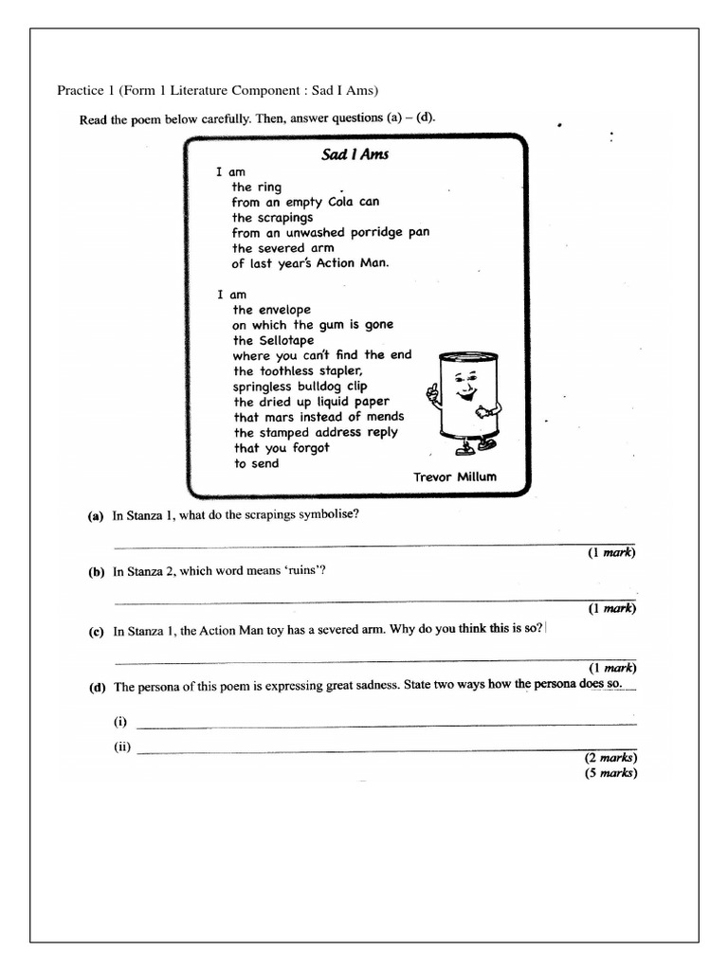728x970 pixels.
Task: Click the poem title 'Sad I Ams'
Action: coord(355,154)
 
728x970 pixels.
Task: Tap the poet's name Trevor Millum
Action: coord(454,476)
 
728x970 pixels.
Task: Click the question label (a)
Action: coord(95,516)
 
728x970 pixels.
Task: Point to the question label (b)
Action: coord(96,572)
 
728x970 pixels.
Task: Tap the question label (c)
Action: coord(96,632)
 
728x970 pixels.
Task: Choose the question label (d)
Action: coord(96,688)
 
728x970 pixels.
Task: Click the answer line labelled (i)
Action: coord(387,725)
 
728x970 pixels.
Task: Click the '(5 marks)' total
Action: coord(610,773)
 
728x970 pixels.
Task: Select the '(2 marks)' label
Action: coord(610,759)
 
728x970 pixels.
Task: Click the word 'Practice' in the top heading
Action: coord(80,91)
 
